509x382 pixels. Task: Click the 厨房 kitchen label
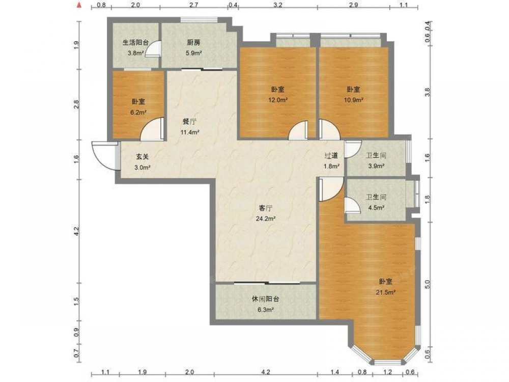[x=193, y=43]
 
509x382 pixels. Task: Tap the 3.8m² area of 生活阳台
[x=135, y=52]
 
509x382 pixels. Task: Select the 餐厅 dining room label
[x=189, y=122]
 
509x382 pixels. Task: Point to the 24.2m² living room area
[x=266, y=219]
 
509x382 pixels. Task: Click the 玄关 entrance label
[x=142, y=156]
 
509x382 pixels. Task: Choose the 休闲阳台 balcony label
[x=265, y=299]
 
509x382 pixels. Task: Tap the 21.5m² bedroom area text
[x=385, y=292]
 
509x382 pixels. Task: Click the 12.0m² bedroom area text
[x=277, y=100]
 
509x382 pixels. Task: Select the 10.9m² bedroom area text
[x=353, y=100]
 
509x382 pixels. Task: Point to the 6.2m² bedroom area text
[x=138, y=113]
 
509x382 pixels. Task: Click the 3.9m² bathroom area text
[x=376, y=166]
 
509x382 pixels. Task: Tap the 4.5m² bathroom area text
[x=376, y=208]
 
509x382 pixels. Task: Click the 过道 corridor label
[x=331, y=155]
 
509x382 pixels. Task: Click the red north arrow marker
[x=78, y=5]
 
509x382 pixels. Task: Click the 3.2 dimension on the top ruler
[x=278, y=5]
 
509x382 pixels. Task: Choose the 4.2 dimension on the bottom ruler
[x=266, y=372]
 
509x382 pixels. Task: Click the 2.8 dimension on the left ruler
[x=76, y=104]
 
